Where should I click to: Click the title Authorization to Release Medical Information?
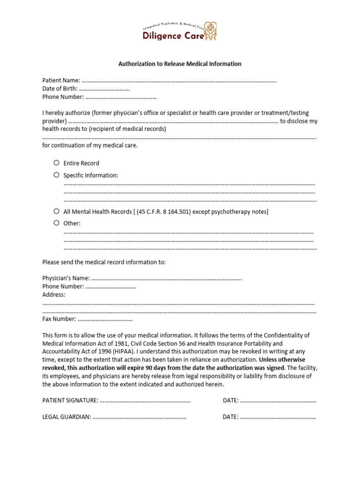point(180,64)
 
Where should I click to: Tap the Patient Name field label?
point(61,81)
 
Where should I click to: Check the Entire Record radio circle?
point(56,163)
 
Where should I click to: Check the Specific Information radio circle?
point(56,175)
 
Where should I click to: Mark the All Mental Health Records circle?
point(56,211)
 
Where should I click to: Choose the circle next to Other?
point(56,223)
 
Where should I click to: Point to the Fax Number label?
point(59,319)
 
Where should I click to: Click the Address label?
point(54,295)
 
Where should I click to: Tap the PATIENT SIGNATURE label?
point(70,400)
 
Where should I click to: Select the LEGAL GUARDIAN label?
point(67,417)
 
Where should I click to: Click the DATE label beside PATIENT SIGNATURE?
point(231,400)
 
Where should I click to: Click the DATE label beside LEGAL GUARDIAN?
point(231,417)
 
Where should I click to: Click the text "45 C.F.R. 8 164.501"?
point(164,212)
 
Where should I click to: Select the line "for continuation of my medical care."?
point(90,145)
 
